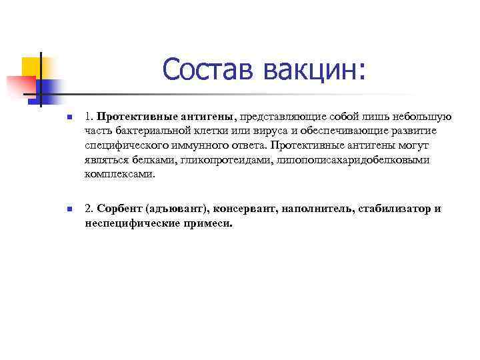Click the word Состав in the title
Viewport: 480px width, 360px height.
[207, 70]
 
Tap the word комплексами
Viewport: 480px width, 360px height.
[119, 174]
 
